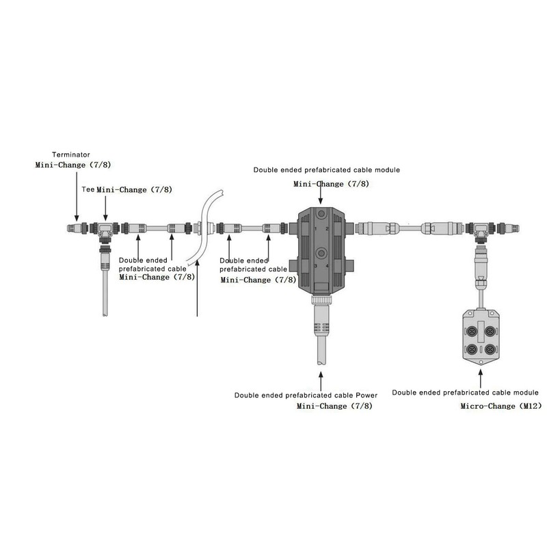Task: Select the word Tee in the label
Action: tap(88, 189)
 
